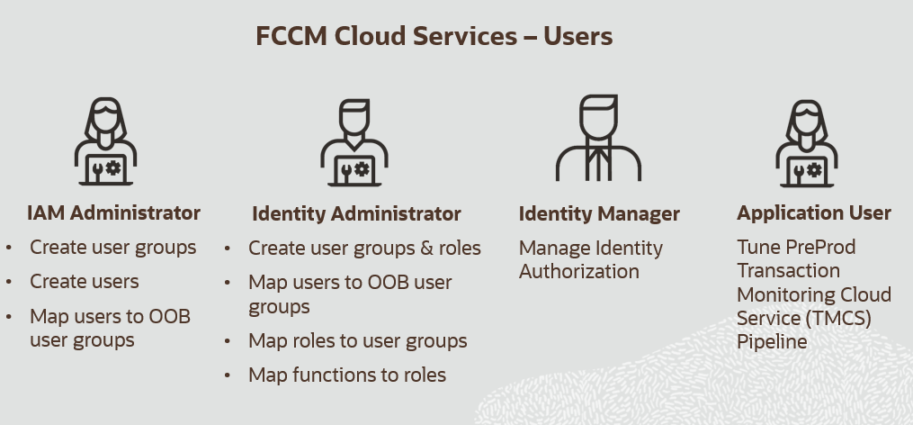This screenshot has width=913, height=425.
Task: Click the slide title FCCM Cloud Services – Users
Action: coord(434,36)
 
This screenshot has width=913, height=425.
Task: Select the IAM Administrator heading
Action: coord(113,212)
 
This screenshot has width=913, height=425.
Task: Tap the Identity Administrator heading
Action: coord(356,213)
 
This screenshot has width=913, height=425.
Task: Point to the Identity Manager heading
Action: coord(599,214)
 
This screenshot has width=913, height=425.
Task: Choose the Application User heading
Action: coord(814,212)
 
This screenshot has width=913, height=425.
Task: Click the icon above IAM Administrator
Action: coord(105,141)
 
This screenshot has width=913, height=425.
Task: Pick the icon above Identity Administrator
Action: coord(354,142)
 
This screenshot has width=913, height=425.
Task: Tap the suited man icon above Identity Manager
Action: coord(598,138)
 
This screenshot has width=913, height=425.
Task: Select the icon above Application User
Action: coord(807,143)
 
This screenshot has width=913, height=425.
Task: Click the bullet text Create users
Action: coord(85,282)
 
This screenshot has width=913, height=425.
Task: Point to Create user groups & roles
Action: coord(364,249)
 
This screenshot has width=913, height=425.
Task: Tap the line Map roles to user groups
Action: coord(357,341)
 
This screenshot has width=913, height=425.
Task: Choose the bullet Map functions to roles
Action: coord(347,375)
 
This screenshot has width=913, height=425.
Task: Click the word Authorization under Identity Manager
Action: coord(578,271)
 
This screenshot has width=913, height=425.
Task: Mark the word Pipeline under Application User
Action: coord(772,341)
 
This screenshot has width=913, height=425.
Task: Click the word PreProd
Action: coord(820,248)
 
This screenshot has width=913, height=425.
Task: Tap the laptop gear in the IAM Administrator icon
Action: coord(113,167)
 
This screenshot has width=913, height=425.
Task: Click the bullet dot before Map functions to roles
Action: coord(227,375)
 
